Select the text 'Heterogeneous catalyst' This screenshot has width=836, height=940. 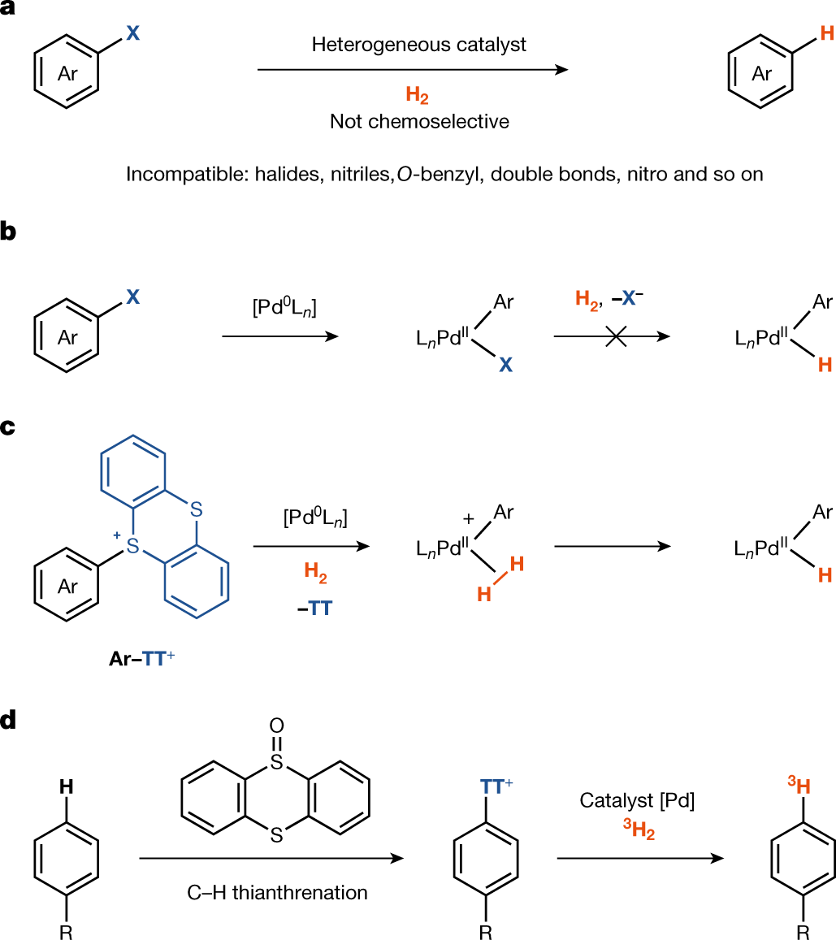coord(418,45)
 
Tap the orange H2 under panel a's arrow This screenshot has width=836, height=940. coord(418,97)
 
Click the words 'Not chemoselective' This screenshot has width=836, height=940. coord(419,122)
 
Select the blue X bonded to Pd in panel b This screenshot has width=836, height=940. coord(505,366)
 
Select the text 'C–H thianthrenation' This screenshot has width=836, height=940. coord(276,893)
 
